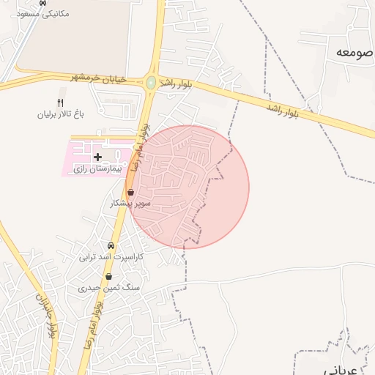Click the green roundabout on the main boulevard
(x=151, y=83)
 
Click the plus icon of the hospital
(x=97, y=157)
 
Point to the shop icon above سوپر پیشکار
(x=130, y=192)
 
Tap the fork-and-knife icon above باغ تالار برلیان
(x=61, y=102)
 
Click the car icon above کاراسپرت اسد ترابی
(x=111, y=246)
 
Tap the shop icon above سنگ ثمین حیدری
(x=108, y=277)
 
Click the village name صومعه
(x=354, y=52)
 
